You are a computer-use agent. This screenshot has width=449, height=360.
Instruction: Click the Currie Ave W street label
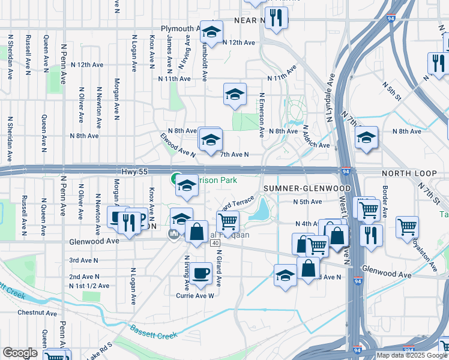[194, 295]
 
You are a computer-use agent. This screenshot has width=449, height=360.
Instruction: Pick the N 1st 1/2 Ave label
[89, 286]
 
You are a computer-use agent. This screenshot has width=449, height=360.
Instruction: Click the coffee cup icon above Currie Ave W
[202, 273]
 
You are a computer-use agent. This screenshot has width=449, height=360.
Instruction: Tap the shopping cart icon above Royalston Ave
[407, 227]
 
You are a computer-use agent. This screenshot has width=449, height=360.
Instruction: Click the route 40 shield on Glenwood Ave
[215, 243]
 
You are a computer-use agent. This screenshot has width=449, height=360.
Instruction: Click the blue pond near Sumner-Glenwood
[262, 210]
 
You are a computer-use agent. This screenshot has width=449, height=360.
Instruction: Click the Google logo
[20, 352]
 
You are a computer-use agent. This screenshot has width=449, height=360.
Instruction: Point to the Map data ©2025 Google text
[412, 355]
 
